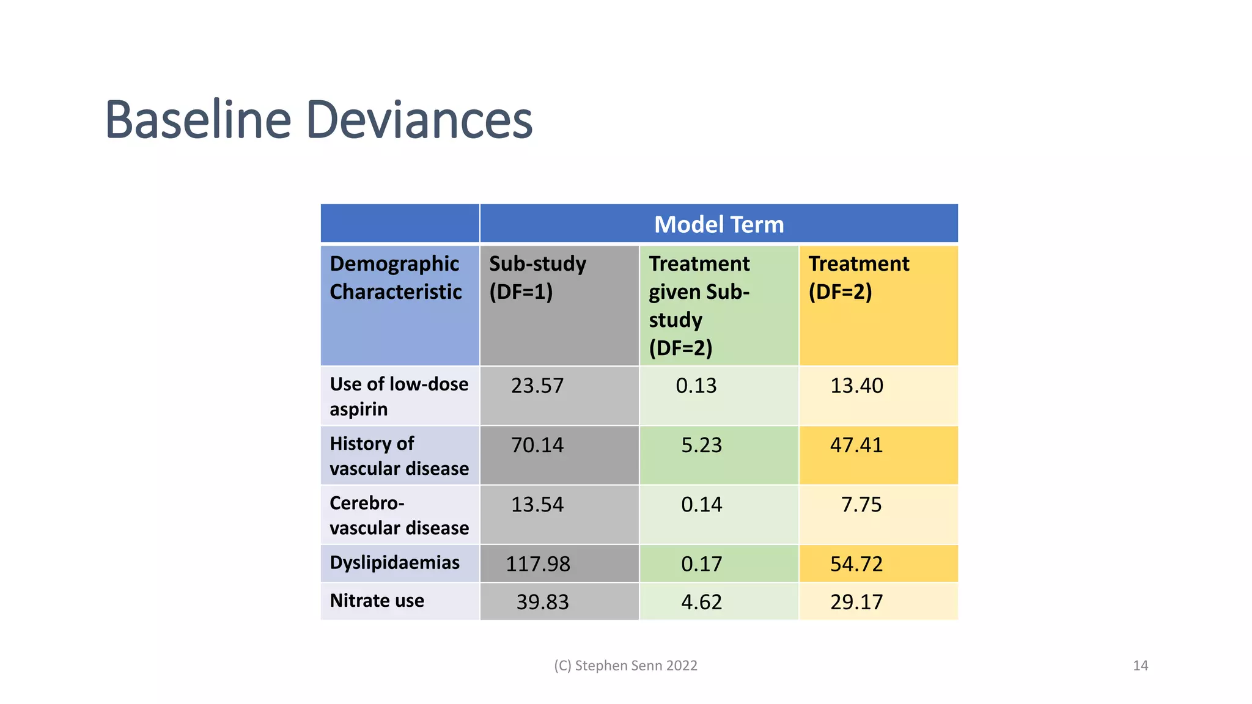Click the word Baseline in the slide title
click(x=198, y=120)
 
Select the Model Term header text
click(x=719, y=224)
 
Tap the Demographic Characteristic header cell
click(x=396, y=278)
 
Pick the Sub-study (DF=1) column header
click(x=537, y=278)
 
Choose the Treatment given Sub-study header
click(x=699, y=306)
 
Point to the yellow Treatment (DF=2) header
click(x=859, y=278)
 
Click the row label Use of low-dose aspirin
click(x=399, y=396)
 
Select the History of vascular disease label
click(x=399, y=456)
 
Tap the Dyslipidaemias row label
click(x=394, y=563)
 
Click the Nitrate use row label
click(x=377, y=601)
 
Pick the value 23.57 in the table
click(x=537, y=386)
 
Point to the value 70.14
click(x=537, y=445)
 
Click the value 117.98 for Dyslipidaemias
click(x=538, y=563)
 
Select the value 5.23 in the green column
click(x=702, y=445)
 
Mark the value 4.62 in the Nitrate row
click(x=702, y=602)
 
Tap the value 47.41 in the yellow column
click(x=856, y=445)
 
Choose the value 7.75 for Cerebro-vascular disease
click(x=861, y=505)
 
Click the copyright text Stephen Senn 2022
click(x=625, y=665)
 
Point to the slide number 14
click(x=1140, y=665)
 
